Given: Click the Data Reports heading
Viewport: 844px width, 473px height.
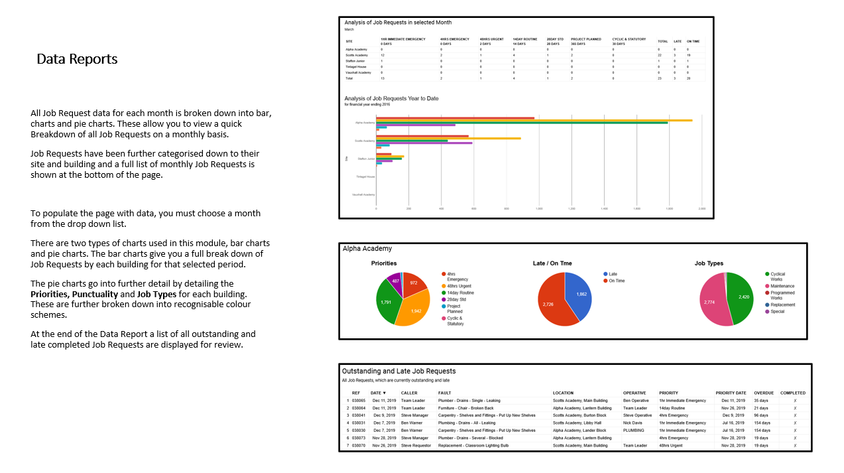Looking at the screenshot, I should pos(77,59).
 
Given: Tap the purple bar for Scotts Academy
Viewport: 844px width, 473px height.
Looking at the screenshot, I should pos(424,143).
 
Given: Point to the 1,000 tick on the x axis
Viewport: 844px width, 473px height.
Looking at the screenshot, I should pos(538,208).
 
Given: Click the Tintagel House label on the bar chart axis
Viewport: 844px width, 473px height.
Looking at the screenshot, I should pos(365,177).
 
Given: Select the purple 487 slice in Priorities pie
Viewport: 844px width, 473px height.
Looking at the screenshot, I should pos(394,281).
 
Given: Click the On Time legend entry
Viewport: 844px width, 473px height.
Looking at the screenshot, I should pos(617,281).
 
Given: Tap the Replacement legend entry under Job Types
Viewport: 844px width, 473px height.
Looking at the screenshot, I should pos(782,304).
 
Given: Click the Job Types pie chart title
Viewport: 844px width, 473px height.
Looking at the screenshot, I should pos(709,263).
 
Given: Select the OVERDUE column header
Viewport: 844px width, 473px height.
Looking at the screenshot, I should pos(764,393).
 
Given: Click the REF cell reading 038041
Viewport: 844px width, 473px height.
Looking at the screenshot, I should pos(359,415).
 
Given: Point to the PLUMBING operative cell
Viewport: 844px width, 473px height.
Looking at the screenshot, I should pos(633,431).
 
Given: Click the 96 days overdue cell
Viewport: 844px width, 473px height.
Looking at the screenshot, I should pos(761,415).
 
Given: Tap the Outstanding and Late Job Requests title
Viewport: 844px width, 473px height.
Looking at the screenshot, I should pos(398,371).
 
